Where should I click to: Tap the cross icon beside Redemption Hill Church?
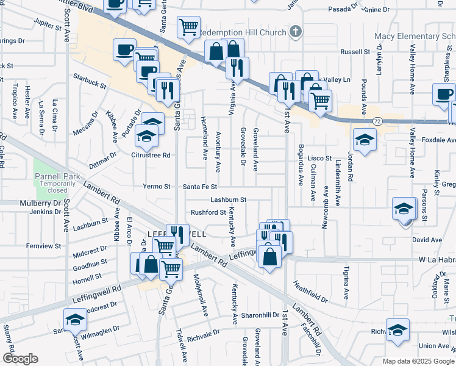pyautogui.click(x=295, y=31)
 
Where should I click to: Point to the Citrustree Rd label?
pyautogui.click(x=150, y=155)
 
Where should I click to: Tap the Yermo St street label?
pyautogui.click(x=157, y=187)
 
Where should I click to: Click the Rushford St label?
pyautogui.click(x=208, y=212)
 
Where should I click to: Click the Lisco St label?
pyautogui.click(x=318, y=158)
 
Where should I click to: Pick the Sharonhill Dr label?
pyautogui.click(x=260, y=315)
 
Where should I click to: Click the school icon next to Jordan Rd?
pyautogui.click(x=364, y=140)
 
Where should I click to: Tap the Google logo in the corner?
pyautogui.click(x=20, y=359)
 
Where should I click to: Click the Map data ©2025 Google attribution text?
pyautogui.click(x=418, y=361)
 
